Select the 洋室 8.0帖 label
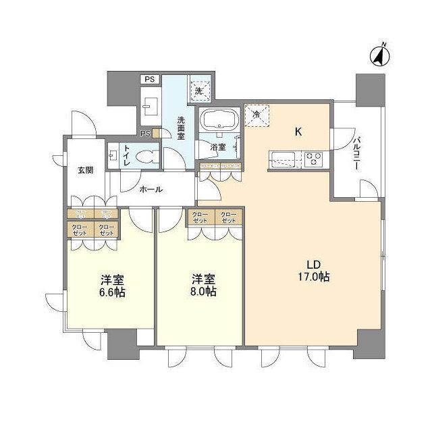coord(202,286)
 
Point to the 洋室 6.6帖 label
coord(111,286)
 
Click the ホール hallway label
coord(151,190)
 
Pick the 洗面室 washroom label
coord(181,128)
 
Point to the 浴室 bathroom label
coord(217,146)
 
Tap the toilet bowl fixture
coord(144,158)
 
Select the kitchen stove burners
coord(314,161)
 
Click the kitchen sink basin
coord(281,161)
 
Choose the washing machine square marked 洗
coord(199,88)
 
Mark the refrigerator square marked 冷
coord(256,115)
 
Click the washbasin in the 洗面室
coord(151,106)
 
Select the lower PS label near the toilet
coord(144,134)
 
